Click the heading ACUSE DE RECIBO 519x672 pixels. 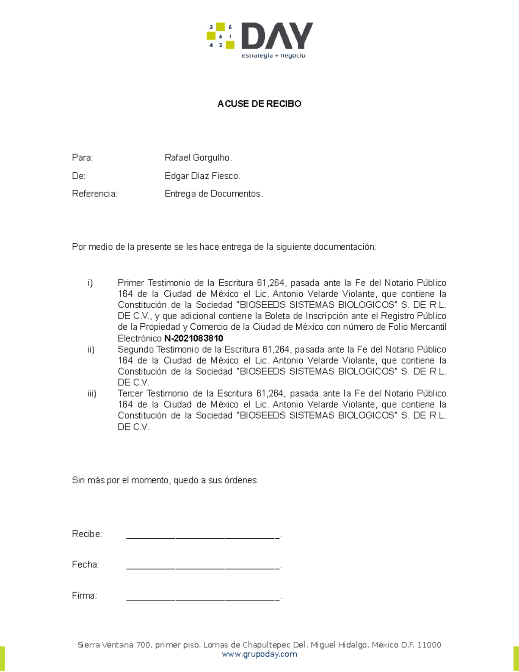pos(259,104)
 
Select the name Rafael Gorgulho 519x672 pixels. pos(198,158)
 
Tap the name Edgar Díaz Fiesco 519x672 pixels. pos(202,176)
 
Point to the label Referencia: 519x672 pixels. pos(94,194)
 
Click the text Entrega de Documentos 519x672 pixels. pos(213,194)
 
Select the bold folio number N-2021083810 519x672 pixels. pos(194,338)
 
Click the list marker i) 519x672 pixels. pos(90,283)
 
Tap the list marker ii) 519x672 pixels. pos(91,350)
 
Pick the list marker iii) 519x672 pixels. pos(92,394)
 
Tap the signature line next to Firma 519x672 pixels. pos(203,597)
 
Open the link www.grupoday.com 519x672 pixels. pos(259,654)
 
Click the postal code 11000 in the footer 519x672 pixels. pos(429,645)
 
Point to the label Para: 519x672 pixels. pos(82,158)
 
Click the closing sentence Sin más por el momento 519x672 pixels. pos(165,480)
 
